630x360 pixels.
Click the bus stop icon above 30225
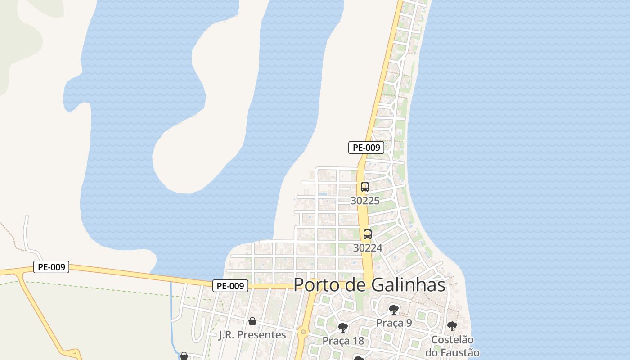[365, 187]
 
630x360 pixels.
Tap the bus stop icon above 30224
[368, 234]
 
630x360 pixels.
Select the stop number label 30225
[365, 201]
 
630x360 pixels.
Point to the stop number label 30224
[368, 248]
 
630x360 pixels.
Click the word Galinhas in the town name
[409, 285]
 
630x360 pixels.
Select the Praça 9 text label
[394, 323]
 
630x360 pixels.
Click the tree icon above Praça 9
[394, 310]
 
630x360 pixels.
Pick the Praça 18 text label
[343, 341]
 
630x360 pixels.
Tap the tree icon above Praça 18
[343, 327]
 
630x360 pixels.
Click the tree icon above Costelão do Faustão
[452, 326]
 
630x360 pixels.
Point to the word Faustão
[458, 352]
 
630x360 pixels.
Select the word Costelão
[452, 340]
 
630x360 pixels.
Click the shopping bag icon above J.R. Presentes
[252, 321]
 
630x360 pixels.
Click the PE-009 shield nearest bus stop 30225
[366, 147]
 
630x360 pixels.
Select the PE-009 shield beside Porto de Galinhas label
[230, 285]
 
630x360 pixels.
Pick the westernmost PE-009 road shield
[51, 267]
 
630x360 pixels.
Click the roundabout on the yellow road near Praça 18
[303, 333]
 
